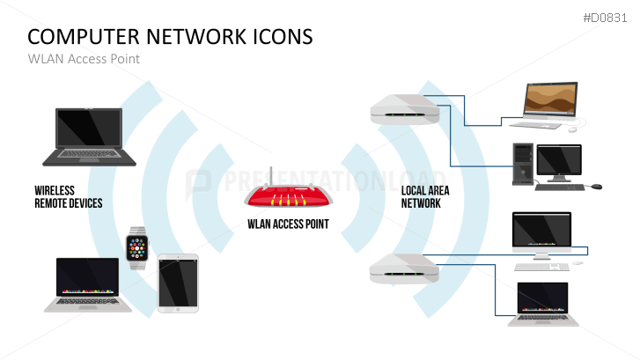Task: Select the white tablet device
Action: tap(178, 282)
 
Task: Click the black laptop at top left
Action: tap(90, 136)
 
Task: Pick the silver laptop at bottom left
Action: tap(88, 284)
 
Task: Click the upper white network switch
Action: tap(403, 110)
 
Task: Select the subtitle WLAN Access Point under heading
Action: tap(84, 59)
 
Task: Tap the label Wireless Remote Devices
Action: tap(68, 196)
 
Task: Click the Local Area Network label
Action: tap(421, 196)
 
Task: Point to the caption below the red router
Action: tap(288, 224)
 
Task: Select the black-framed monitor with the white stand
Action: tap(541, 233)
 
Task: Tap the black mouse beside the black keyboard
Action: tap(596, 187)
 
